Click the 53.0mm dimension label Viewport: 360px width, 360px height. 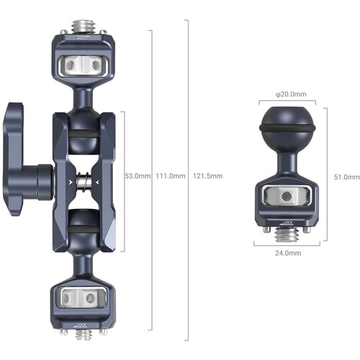pos(138,176)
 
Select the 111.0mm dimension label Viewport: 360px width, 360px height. pos(171,176)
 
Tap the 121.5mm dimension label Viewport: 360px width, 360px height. pos(207,176)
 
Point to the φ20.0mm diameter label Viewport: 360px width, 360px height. pos(291,94)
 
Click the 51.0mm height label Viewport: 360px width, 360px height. pos(347,177)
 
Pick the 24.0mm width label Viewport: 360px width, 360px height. pos(288,253)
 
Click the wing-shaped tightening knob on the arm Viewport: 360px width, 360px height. pos(27,159)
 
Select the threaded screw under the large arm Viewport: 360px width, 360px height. pos(84,334)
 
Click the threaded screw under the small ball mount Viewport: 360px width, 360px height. pos(287,235)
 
